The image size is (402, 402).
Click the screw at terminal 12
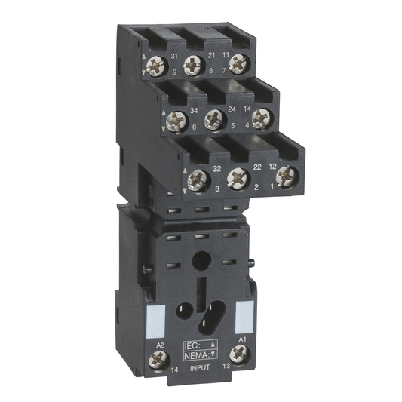click(285, 175)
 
